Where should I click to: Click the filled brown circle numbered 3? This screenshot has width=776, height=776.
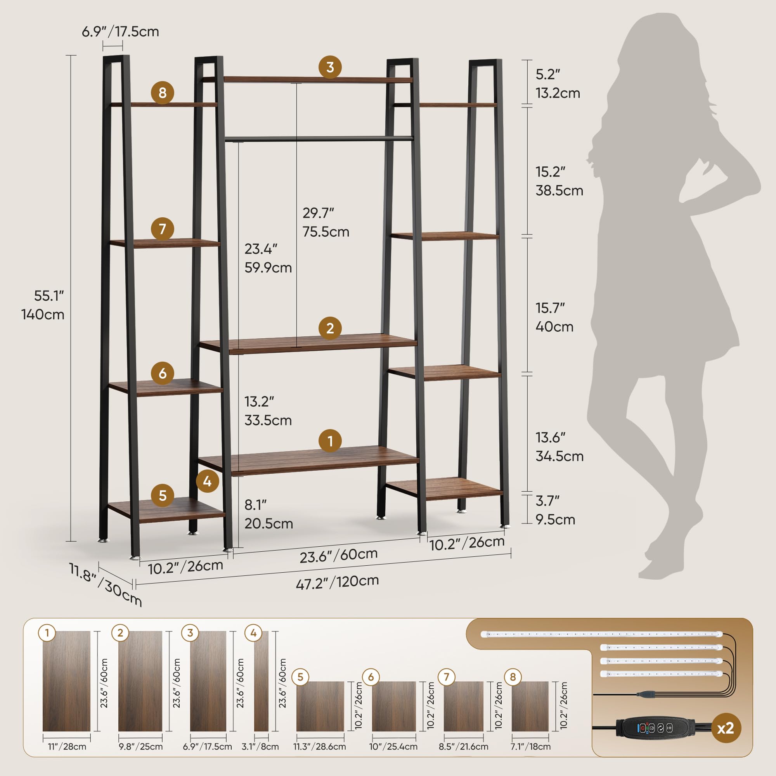click(330, 67)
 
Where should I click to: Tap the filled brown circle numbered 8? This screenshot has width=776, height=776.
click(162, 93)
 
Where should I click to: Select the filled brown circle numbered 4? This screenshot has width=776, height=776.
click(207, 481)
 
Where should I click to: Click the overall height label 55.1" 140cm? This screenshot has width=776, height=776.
click(44, 305)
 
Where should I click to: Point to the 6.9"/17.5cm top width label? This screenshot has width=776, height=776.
click(121, 32)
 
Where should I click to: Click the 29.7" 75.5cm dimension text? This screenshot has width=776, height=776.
click(326, 222)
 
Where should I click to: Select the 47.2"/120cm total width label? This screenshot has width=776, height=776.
click(338, 582)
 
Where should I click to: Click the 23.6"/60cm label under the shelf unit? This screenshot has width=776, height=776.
click(339, 555)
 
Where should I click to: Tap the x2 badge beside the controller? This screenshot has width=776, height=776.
click(726, 728)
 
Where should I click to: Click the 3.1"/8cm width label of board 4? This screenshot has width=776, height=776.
click(260, 747)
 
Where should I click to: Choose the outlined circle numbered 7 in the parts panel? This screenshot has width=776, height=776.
click(446, 677)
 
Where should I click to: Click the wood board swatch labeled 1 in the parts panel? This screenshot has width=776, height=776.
click(66, 681)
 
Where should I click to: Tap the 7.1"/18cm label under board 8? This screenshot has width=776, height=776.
click(530, 747)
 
